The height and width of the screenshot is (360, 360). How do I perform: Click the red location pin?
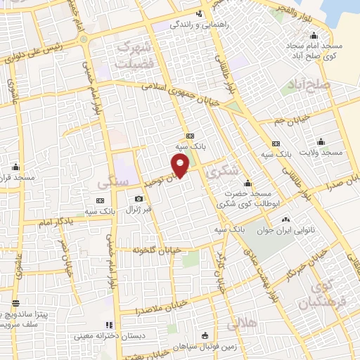(x=181, y=165)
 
